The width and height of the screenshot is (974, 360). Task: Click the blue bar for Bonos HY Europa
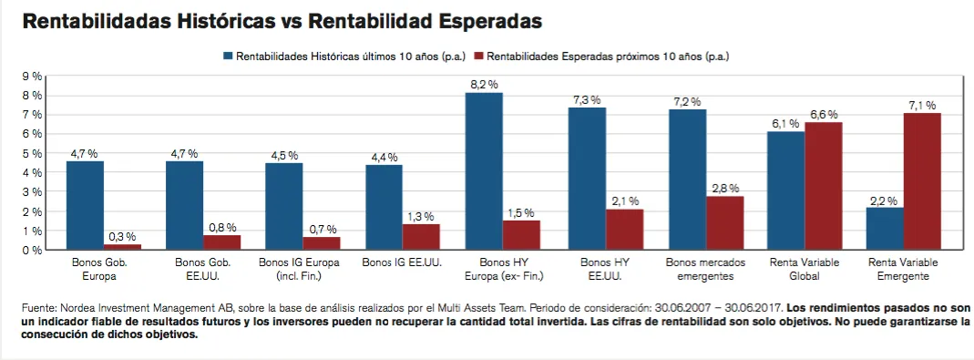[x=485, y=171]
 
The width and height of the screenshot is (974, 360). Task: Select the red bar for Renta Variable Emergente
[x=922, y=181]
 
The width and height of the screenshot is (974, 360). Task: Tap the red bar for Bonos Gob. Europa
[x=122, y=247]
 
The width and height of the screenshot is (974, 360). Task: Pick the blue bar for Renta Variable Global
[x=785, y=190]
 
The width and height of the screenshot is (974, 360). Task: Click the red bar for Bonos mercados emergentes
[x=725, y=223]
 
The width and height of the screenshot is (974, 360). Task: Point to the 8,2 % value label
[x=485, y=85]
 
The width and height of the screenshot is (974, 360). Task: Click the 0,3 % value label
[x=122, y=236]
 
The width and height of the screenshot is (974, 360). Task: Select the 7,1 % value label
[x=922, y=105]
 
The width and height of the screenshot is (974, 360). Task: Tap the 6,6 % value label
[x=824, y=114]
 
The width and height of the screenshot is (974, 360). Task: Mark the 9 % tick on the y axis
[x=32, y=77]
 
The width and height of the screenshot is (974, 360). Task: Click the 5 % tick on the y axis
[x=32, y=154]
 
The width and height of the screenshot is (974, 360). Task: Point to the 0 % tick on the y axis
[x=32, y=250]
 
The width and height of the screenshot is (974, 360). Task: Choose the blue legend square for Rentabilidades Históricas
[x=228, y=56]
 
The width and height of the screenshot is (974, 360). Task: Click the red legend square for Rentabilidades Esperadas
[x=478, y=56]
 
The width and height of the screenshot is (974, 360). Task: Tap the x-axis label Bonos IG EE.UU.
[x=402, y=262]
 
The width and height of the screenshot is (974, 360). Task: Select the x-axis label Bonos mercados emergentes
[x=705, y=269]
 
